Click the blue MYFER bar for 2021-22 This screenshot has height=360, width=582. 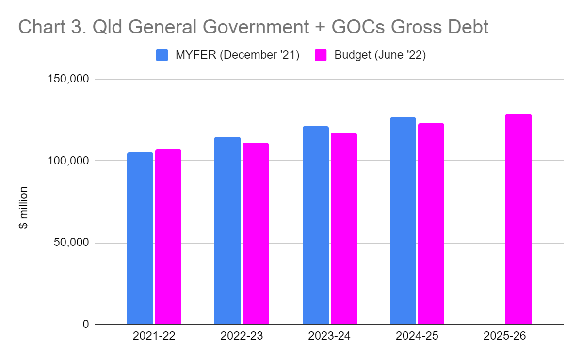tap(140, 238)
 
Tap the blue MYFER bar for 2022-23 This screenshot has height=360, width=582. tap(227, 230)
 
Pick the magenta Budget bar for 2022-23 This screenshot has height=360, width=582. tap(256, 233)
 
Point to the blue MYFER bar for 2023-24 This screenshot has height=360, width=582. tap(315, 225)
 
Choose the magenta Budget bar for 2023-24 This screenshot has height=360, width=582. tap(343, 229)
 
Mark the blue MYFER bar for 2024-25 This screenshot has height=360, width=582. tap(403, 221)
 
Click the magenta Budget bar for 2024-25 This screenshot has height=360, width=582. tap(431, 224)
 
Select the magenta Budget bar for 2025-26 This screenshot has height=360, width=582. tap(518, 219)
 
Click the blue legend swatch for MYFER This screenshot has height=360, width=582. tap(162, 55)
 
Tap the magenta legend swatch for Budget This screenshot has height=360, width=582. tap(321, 55)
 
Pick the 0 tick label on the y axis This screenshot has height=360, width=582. tap(85, 324)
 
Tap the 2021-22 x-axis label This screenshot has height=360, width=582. tap(154, 336)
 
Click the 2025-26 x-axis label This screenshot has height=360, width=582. tap(504, 336)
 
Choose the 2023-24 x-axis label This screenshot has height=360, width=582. tap(329, 336)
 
